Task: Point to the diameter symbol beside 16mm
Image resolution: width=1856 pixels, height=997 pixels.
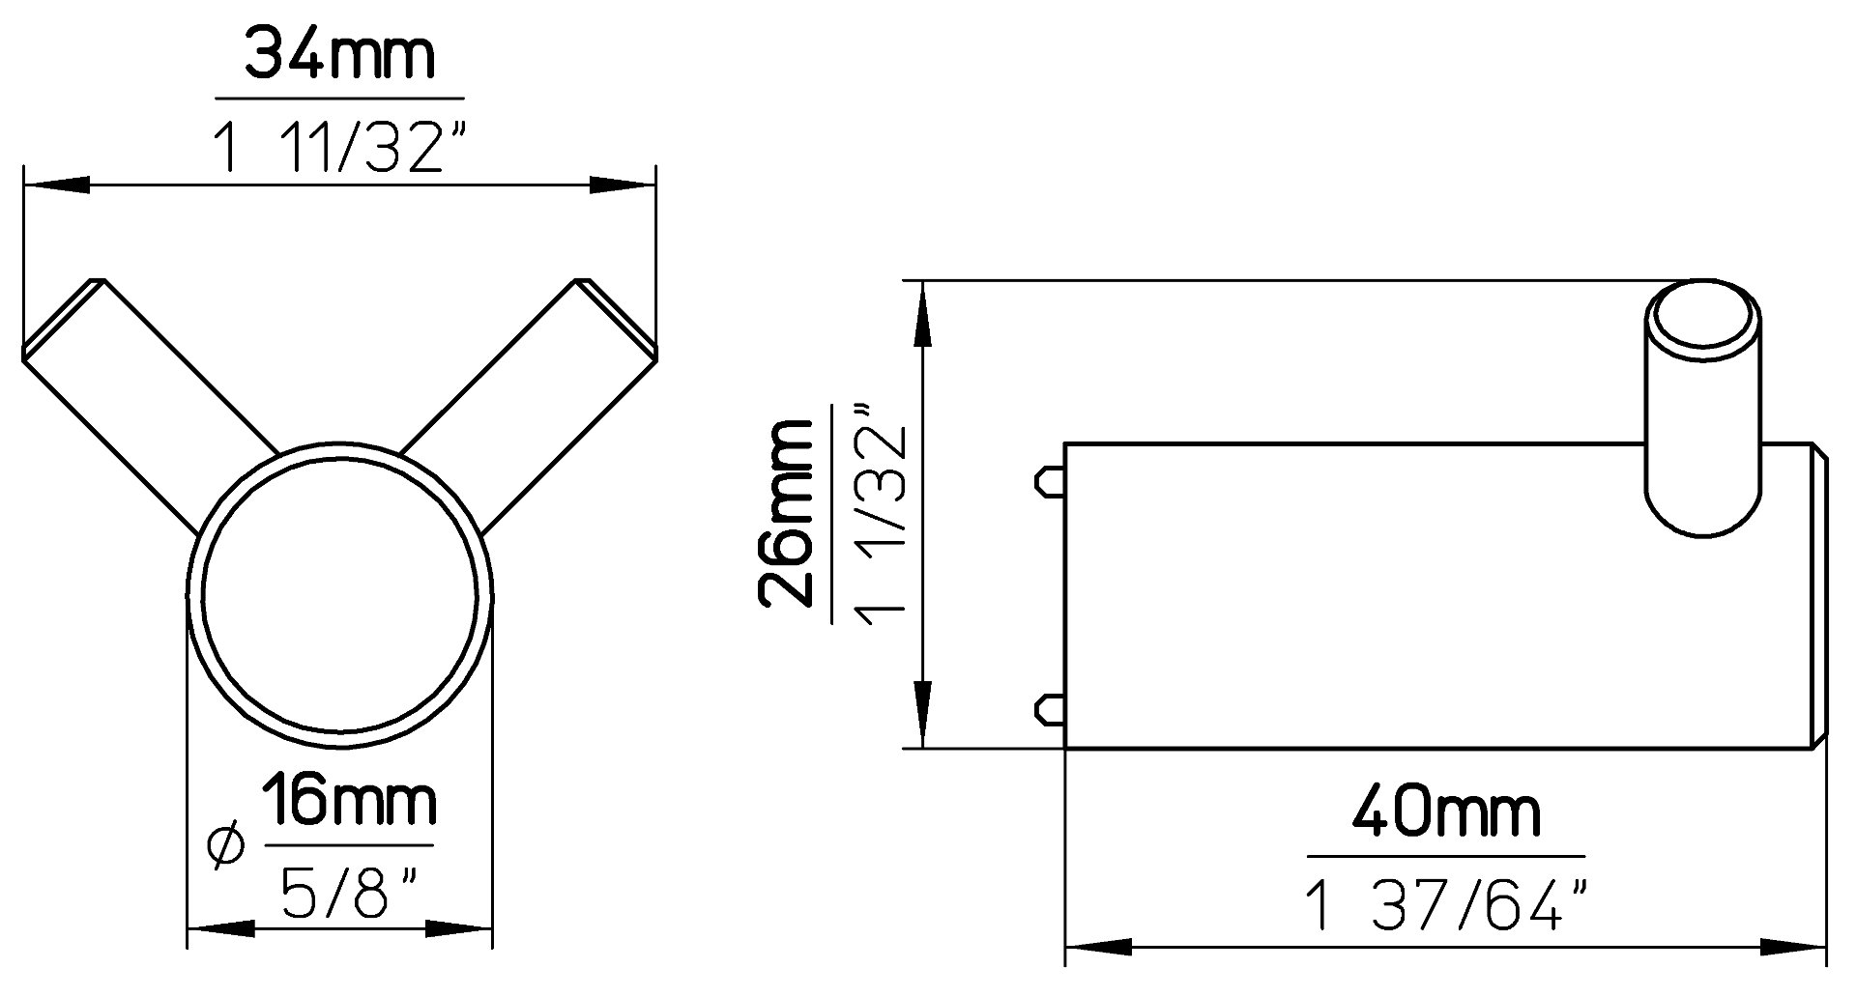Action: pos(225,846)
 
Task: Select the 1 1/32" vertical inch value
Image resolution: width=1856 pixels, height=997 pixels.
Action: pos(882,513)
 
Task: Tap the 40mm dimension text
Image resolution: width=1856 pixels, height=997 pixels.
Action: pos(1446,812)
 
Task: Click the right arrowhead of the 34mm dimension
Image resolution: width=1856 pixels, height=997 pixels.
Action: pos(623,185)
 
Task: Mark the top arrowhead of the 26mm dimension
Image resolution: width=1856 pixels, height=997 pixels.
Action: pos(922,314)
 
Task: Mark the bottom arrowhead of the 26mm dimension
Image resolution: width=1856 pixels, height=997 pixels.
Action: pos(922,715)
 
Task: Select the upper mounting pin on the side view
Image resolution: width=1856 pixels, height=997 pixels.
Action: pos(1050,480)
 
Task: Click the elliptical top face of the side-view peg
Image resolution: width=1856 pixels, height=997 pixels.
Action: pos(1703,323)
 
